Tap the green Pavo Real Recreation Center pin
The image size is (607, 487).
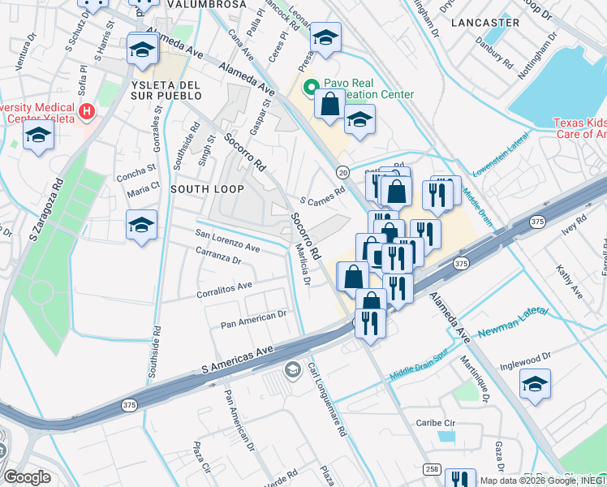309,87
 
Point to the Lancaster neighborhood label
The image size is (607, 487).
487,23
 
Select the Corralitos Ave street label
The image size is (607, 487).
224,287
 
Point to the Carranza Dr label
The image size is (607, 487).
218,257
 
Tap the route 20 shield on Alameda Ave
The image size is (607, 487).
342,172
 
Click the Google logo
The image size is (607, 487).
26,477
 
